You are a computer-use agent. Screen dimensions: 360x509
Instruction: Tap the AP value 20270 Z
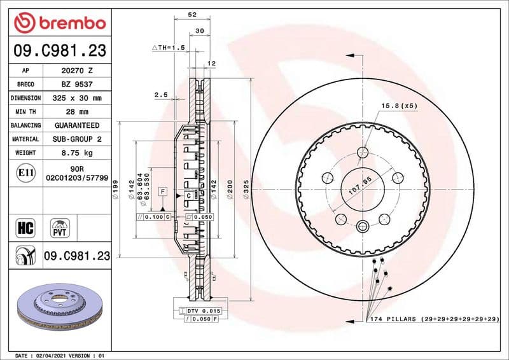click(x=77, y=71)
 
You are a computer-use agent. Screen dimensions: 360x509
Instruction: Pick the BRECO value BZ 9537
click(x=77, y=85)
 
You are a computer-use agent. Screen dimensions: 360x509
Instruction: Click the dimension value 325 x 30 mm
click(x=77, y=98)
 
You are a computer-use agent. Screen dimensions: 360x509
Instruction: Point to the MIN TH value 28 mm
click(x=77, y=112)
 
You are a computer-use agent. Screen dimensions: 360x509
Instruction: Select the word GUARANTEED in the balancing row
click(x=77, y=125)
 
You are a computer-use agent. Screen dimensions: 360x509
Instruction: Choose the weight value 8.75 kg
click(x=77, y=153)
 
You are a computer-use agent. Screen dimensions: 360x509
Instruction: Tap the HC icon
click(x=23, y=227)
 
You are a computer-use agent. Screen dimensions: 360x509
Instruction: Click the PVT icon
click(x=61, y=228)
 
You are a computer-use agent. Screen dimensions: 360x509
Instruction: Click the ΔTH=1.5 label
click(x=168, y=48)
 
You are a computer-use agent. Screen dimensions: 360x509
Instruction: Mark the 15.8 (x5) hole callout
click(x=398, y=106)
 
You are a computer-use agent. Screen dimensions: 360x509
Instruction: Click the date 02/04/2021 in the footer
click(x=51, y=355)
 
